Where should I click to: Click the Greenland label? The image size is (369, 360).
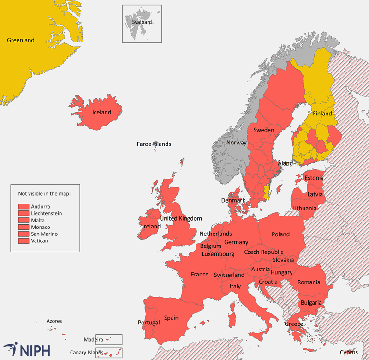21,40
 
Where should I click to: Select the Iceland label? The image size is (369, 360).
101,112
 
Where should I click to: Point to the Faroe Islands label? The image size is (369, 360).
154,144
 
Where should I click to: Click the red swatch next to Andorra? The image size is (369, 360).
24,207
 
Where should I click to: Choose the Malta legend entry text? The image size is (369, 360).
37,221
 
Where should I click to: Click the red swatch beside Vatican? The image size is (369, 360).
24,241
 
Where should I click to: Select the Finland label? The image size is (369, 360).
322,113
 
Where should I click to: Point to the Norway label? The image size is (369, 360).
236,143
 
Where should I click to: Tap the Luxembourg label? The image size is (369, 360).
218,254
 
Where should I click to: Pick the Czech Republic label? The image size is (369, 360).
264,252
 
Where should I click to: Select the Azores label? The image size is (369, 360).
54,321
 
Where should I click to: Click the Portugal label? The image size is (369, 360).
149,323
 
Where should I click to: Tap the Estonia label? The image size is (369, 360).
314,178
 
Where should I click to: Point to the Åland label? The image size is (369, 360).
285,163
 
